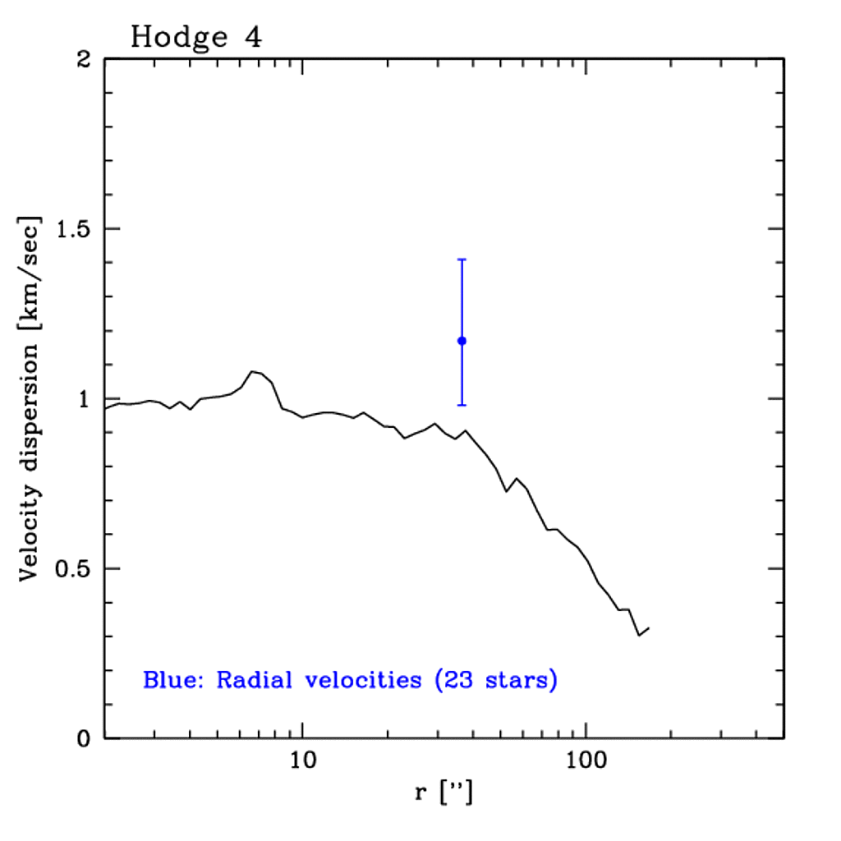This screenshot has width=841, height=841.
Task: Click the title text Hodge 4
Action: (x=195, y=37)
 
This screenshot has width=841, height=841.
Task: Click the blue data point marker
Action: (x=462, y=341)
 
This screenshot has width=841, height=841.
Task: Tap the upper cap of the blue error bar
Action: (x=462, y=260)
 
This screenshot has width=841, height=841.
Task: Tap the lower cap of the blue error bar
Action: (x=462, y=405)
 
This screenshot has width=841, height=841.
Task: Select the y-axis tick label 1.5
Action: (x=73, y=229)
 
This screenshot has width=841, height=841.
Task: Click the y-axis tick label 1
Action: (x=85, y=399)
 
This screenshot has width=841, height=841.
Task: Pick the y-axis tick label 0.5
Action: (x=73, y=569)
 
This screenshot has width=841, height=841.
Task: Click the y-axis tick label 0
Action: (x=85, y=739)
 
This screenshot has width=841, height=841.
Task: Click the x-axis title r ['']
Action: (x=443, y=794)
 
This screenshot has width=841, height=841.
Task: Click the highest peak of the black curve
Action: (x=253, y=371)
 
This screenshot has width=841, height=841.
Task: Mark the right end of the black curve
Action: (x=649, y=629)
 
